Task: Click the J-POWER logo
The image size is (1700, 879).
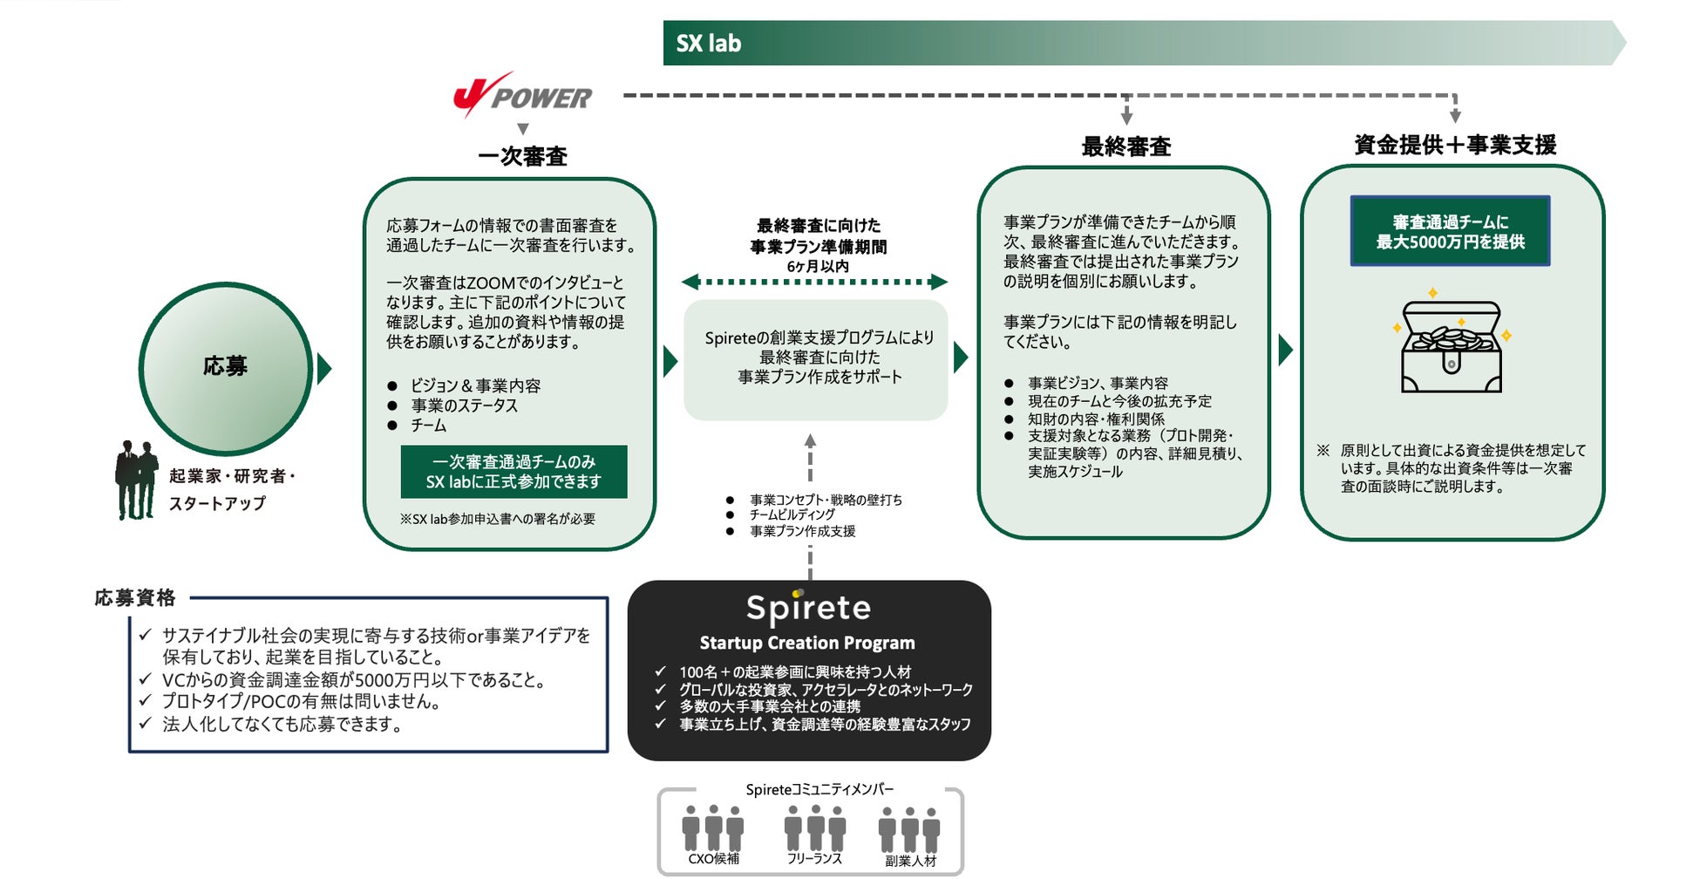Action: pos(522,95)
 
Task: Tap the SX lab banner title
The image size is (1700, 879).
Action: pos(708,44)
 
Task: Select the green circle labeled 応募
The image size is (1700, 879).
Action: pos(226,367)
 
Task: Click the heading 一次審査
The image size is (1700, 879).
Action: pos(522,157)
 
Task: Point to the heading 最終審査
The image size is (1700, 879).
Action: pos(1125,146)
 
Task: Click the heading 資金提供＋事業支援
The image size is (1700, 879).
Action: pos(1454,145)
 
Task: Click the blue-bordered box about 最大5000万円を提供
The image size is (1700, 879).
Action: pos(1450,231)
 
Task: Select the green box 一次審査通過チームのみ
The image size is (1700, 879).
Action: pos(513,472)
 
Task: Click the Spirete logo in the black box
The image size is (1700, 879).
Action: pos(808,608)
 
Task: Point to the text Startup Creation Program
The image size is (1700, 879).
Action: pos(807,644)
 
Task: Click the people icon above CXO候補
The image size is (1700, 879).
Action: pos(713,828)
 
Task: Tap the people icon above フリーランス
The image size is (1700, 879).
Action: pos(814,828)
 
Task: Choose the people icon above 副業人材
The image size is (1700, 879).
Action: pos(909,829)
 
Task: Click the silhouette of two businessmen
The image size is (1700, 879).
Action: pos(136,480)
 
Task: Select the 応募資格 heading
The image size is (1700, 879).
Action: pos(135,598)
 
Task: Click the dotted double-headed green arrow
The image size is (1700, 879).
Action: pos(814,282)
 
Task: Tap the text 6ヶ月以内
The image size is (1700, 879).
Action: pos(817,266)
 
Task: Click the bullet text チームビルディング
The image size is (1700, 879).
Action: pos(792,515)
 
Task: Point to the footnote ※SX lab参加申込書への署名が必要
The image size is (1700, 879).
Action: pos(497,519)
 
